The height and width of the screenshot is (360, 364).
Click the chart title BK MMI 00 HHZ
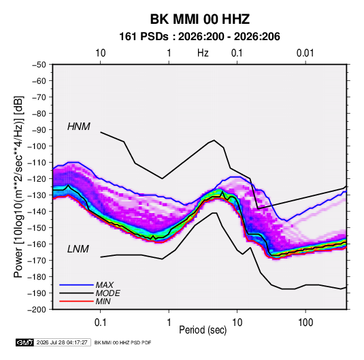[199, 19]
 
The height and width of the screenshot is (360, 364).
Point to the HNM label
[79, 127]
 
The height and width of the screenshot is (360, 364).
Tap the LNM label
[78, 249]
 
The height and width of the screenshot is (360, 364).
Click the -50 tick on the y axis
[39, 65]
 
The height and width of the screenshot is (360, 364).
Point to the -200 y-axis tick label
[37, 310]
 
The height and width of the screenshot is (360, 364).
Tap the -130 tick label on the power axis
[37, 195]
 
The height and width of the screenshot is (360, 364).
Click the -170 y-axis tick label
[37, 261]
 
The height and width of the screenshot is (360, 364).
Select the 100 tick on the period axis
[305, 323]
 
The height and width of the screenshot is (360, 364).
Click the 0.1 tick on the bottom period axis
[100, 323]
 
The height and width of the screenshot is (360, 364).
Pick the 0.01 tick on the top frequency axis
[305, 53]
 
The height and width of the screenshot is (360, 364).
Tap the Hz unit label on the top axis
[203, 53]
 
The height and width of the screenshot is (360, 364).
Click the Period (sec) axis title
[203, 330]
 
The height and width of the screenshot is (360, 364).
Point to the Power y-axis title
[18, 186]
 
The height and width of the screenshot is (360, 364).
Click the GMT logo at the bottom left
[24, 342]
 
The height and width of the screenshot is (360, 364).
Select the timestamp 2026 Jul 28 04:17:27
[62, 342]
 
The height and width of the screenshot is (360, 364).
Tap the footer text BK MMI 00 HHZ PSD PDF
[122, 342]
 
